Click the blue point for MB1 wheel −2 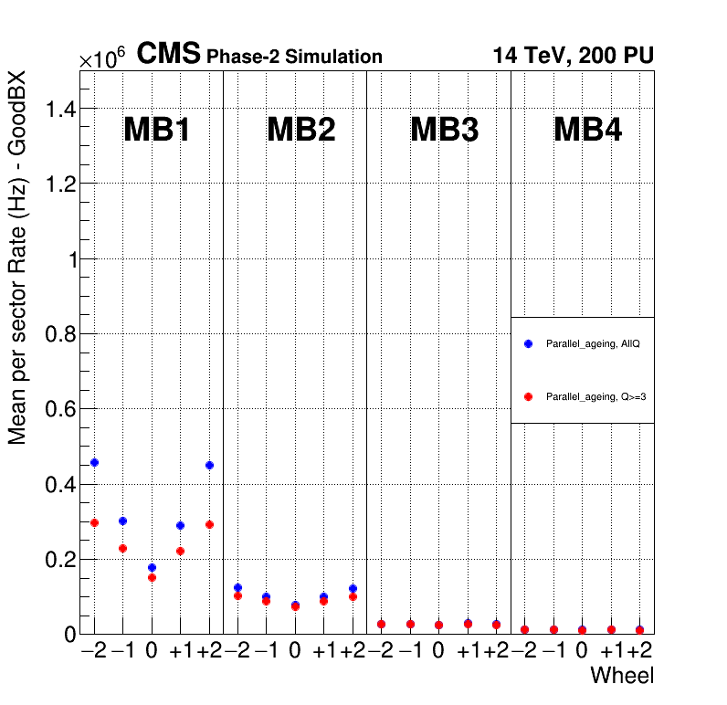click(x=94, y=463)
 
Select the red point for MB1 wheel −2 click(x=94, y=522)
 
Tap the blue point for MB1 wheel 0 click(x=152, y=567)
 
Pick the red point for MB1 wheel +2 click(x=209, y=524)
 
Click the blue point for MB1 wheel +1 click(x=180, y=525)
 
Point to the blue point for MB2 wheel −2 click(x=237, y=587)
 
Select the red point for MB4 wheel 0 click(x=582, y=629)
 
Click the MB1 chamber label click(x=157, y=131)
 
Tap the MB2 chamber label click(x=300, y=131)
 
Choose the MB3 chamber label click(x=444, y=131)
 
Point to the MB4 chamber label click(x=587, y=131)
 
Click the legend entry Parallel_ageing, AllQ click(x=584, y=343)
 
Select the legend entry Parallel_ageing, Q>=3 click(x=584, y=397)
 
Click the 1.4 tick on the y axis click(x=60, y=110)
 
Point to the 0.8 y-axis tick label click(x=60, y=334)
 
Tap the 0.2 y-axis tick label click(x=60, y=559)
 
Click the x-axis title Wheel click(x=622, y=676)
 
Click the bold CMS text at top click(x=168, y=55)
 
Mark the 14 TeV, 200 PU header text click(x=573, y=55)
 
